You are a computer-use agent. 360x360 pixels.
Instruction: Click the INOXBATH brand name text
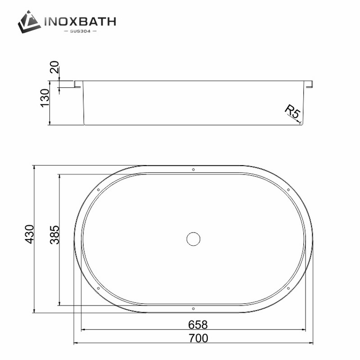coord(80,22)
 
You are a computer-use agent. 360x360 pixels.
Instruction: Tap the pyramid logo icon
coord(29,22)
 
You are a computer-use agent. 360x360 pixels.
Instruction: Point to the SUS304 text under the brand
coord(80,31)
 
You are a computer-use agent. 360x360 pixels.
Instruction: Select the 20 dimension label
coord(54,67)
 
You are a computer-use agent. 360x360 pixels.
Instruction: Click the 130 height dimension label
coord(45,98)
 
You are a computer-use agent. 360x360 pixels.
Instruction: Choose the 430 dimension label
coord(29,234)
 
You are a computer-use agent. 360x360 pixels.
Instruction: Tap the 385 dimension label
coord(54,235)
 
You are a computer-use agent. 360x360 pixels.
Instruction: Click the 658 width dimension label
coord(198,325)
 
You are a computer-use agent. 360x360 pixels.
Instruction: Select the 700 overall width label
coord(198,338)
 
